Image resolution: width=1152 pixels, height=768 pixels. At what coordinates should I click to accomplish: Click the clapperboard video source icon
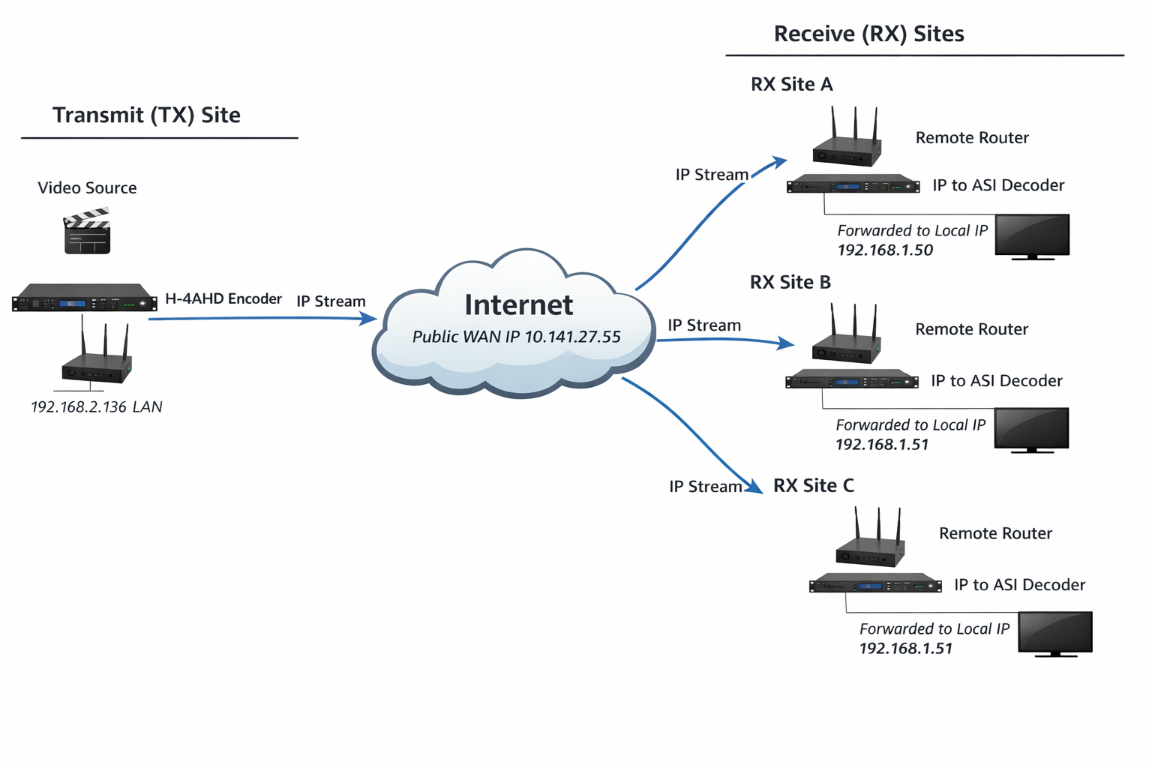click(x=87, y=231)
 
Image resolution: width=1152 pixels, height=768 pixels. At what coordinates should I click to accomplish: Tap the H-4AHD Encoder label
click(x=223, y=298)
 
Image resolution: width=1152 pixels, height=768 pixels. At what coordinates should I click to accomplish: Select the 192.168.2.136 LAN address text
click(x=96, y=407)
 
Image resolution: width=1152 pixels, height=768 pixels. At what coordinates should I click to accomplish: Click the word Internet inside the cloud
click(x=518, y=304)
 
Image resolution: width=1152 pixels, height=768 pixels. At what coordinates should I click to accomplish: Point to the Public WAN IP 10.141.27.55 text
click(x=516, y=337)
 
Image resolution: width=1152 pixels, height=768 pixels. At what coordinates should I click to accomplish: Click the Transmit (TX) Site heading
click(x=146, y=115)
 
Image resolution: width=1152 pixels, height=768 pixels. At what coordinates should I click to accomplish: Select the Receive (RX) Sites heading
click(x=868, y=34)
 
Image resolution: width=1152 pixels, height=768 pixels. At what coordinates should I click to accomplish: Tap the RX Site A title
click(x=791, y=84)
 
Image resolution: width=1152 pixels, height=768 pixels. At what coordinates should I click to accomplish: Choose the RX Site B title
click(x=790, y=282)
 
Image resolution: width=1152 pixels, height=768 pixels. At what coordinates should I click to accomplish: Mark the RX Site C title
click(x=813, y=485)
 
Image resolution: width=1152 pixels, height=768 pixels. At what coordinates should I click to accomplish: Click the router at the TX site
click(x=97, y=363)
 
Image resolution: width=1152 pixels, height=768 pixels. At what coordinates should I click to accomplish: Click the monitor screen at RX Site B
click(x=1031, y=429)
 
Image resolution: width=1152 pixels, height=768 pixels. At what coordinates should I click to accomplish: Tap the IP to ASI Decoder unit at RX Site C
click(x=874, y=583)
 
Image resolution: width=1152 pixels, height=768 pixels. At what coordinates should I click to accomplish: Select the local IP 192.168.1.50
click(x=885, y=250)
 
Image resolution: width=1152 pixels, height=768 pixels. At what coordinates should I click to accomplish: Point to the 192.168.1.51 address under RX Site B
click(x=882, y=445)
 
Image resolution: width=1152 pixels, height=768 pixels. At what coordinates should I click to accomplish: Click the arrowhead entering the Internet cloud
click(x=368, y=319)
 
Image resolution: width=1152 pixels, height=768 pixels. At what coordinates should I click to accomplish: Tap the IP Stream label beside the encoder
click(x=331, y=301)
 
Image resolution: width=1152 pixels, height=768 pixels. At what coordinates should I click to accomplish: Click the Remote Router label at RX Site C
click(x=995, y=533)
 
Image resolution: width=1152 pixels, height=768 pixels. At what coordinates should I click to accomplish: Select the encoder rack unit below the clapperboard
click(x=84, y=298)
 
